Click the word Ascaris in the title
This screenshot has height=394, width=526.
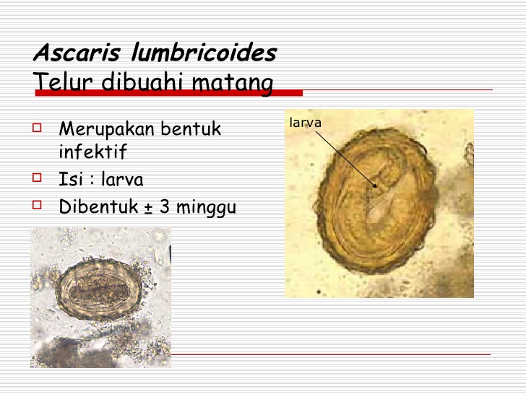[x=77, y=52]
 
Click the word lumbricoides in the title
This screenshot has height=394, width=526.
[x=204, y=52]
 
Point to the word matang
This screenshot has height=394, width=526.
[x=233, y=83]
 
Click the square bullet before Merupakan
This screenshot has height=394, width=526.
[x=37, y=128]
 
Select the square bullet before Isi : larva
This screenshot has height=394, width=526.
[x=37, y=178]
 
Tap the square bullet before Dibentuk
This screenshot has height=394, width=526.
[x=37, y=205]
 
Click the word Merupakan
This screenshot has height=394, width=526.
[x=107, y=129]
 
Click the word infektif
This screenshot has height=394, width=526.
[x=92, y=151]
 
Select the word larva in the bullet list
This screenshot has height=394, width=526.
[x=122, y=179]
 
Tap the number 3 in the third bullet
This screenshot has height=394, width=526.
[x=165, y=206]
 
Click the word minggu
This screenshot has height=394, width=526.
[x=207, y=208]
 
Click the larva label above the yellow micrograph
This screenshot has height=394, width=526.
[x=305, y=123]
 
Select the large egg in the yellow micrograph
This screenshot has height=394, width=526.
[x=377, y=202]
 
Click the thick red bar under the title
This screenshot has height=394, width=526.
[x=169, y=93]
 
